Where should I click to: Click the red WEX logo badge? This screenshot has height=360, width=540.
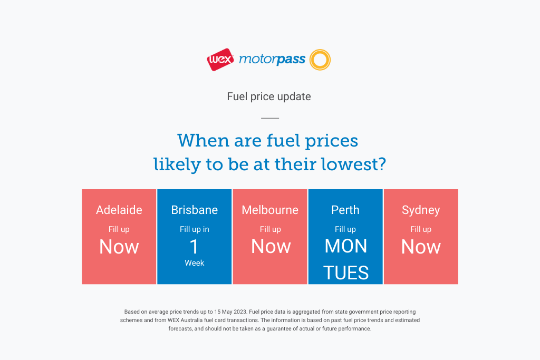(220, 60)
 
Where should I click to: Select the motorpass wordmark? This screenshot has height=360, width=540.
(272, 60)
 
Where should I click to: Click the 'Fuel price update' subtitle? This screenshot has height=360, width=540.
(269, 96)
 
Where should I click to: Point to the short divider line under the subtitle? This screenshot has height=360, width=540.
(270, 118)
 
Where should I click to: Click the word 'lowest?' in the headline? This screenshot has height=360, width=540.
(354, 164)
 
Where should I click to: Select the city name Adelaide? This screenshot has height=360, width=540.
(119, 210)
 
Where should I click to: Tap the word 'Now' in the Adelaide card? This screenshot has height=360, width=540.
(119, 247)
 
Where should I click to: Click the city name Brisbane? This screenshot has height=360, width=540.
(195, 210)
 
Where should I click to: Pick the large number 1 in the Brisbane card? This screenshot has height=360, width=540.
(194, 247)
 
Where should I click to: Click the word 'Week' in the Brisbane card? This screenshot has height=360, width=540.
(195, 263)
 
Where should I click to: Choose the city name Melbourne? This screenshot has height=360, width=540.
(270, 210)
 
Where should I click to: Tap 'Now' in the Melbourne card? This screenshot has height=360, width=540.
(271, 247)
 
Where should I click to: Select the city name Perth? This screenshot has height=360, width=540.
(345, 210)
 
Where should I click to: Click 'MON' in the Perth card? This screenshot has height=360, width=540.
(346, 246)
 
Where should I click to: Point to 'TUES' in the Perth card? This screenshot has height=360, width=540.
(346, 273)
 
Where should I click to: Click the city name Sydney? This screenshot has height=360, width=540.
(421, 210)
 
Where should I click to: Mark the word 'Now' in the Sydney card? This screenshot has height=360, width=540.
(421, 247)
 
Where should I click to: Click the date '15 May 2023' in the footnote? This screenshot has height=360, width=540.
(230, 312)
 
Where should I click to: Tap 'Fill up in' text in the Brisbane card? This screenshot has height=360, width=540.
(195, 229)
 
